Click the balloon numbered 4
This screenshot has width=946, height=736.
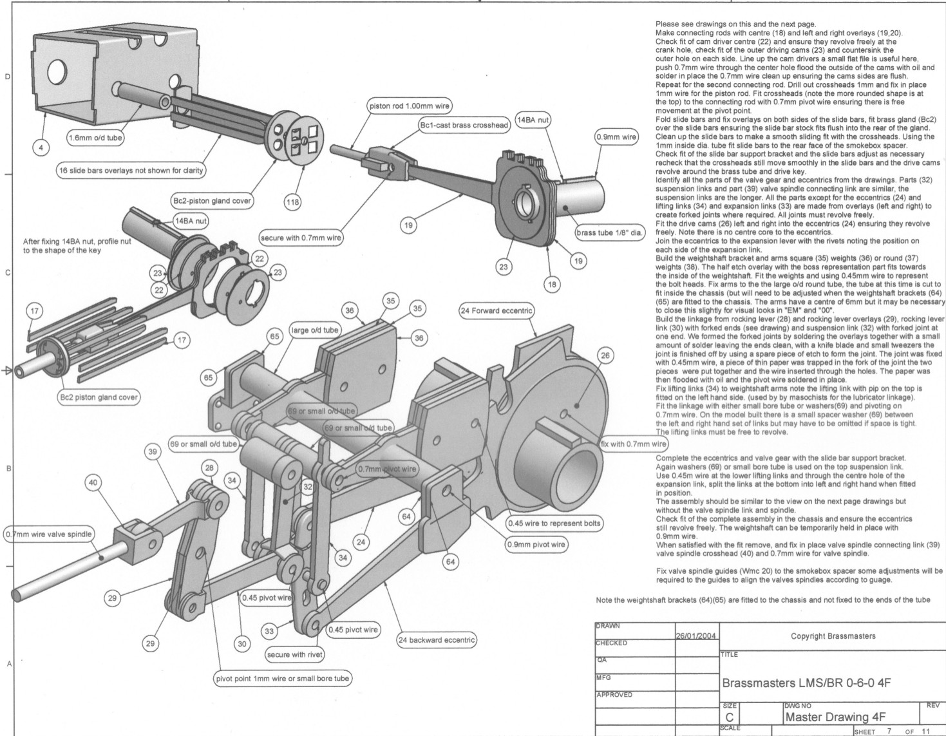pyautogui.click(x=41, y=148)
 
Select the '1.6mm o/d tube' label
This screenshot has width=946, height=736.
pyautogui.click(x=95, y=137)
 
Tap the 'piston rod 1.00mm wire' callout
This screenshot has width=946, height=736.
pyautogui.click(x=409, y=106)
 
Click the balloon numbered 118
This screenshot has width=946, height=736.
pyautogui.click(x=292, y=202)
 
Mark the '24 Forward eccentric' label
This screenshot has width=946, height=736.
pyautogui.click(x=497, y=311)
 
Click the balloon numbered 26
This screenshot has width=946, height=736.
pyautogui.click(x=605, y=355)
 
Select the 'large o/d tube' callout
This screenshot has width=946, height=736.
pyautogui.click(x=315, y=330)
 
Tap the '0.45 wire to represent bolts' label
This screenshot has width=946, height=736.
pyautogui.click(x=554, y=523)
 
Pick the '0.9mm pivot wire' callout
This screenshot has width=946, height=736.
pyautogui.click(x=536, y=544)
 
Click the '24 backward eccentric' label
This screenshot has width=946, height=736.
pyautogui.click(x=437, y=640)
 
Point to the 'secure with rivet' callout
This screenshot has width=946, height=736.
pyautogui.click(x=295, y=655)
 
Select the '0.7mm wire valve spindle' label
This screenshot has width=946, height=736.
pyautogui.click(x=48, y=534)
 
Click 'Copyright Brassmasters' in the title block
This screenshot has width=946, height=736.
pyautogui.click(x=833, y=636)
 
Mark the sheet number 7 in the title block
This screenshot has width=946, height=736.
pyautogui.click(x=889, y=731)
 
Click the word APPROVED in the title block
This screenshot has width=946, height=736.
pyautogui.click(x=616, y=695)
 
